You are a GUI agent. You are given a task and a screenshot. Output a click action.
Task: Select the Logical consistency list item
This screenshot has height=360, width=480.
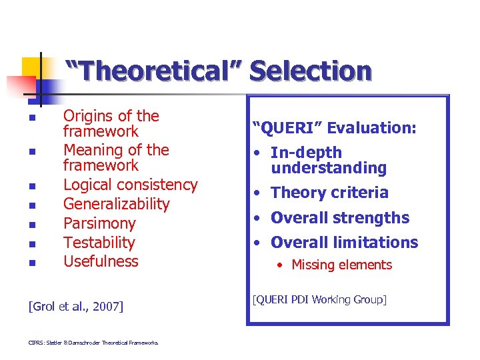pos(130,185)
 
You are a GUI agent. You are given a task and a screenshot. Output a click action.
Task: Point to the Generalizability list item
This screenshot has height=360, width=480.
pos(116,204)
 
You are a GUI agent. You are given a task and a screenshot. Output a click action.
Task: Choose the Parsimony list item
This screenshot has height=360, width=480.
pos(99,223)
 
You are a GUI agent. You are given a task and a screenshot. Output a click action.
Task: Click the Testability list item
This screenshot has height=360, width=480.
pos(99,243)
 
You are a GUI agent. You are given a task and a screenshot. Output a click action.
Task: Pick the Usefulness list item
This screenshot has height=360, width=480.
pos(101,261)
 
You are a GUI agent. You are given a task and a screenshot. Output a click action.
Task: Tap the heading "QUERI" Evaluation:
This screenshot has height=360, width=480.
pos(334,127)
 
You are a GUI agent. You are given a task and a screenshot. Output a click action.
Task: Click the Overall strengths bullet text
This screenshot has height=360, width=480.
pos(340,218)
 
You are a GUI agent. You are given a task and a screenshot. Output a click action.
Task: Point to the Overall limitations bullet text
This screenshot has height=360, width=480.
pos(344,243)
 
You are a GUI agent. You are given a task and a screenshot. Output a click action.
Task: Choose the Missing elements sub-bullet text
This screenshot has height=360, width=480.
pos(341,265)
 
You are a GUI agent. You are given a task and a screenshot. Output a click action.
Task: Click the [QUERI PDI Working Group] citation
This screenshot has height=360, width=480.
pos(319,299)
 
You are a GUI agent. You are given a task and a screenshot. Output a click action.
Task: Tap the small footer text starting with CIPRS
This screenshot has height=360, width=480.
pos(93,343)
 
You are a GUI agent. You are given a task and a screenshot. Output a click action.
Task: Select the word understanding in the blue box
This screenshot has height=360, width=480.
pos(328,168)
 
